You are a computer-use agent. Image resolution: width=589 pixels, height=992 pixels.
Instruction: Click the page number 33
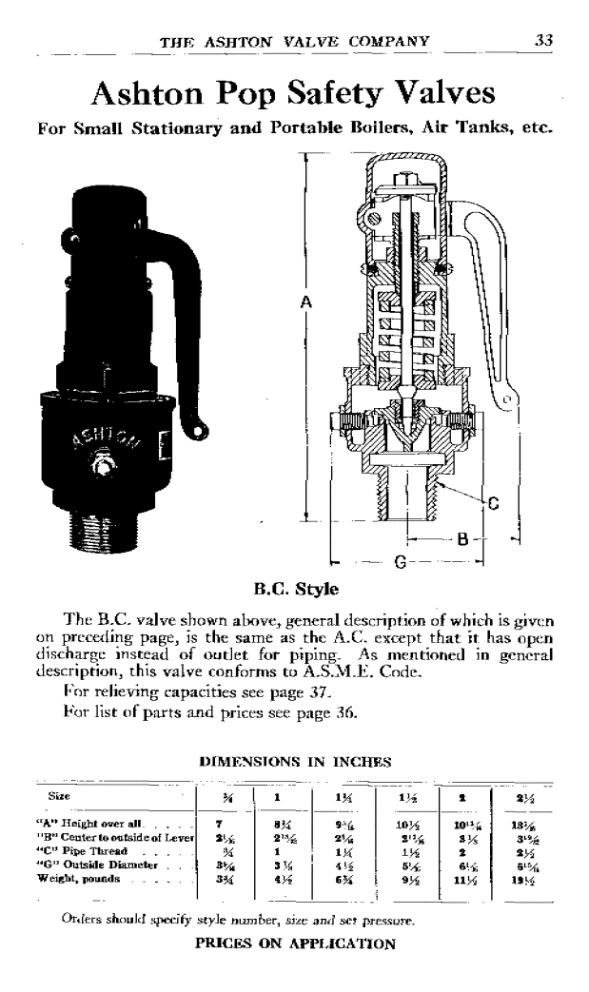tap(544, 40)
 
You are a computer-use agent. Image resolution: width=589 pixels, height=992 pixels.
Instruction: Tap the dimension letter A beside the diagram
tap(305, 302)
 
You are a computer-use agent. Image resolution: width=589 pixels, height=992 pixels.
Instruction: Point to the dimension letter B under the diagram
tap(463, 539)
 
